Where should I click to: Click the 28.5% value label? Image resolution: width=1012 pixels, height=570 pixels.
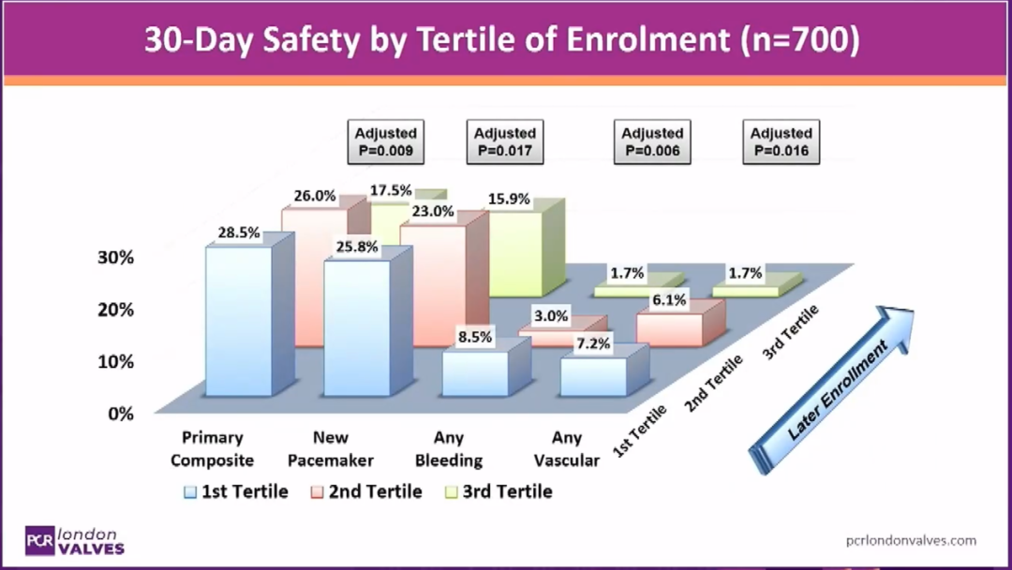239,232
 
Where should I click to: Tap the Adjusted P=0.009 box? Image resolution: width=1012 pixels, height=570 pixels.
386,142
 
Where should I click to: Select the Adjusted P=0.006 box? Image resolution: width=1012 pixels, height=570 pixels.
652,142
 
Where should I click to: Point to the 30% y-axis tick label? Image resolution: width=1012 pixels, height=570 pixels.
116,257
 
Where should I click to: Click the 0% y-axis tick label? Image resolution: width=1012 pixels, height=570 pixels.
121,414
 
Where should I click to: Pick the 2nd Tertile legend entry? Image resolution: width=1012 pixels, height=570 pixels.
366,492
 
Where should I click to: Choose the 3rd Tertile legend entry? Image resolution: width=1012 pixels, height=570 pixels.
499,492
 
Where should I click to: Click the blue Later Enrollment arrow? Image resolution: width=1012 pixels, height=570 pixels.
831,390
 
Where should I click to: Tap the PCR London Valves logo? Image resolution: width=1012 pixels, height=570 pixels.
75,541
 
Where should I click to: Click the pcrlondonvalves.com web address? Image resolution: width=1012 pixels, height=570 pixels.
911,540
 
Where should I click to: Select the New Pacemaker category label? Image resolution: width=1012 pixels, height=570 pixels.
331,448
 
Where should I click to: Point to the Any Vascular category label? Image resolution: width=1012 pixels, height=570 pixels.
567,448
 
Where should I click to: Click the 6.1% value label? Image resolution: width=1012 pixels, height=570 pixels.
669,300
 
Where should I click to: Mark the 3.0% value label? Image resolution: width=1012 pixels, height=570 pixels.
551,316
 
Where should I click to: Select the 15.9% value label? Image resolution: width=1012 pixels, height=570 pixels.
509,199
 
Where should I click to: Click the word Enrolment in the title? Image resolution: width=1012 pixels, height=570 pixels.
648,40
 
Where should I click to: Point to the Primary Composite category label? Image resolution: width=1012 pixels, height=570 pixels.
213,448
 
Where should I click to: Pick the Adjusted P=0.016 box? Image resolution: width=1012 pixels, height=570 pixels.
781,142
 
